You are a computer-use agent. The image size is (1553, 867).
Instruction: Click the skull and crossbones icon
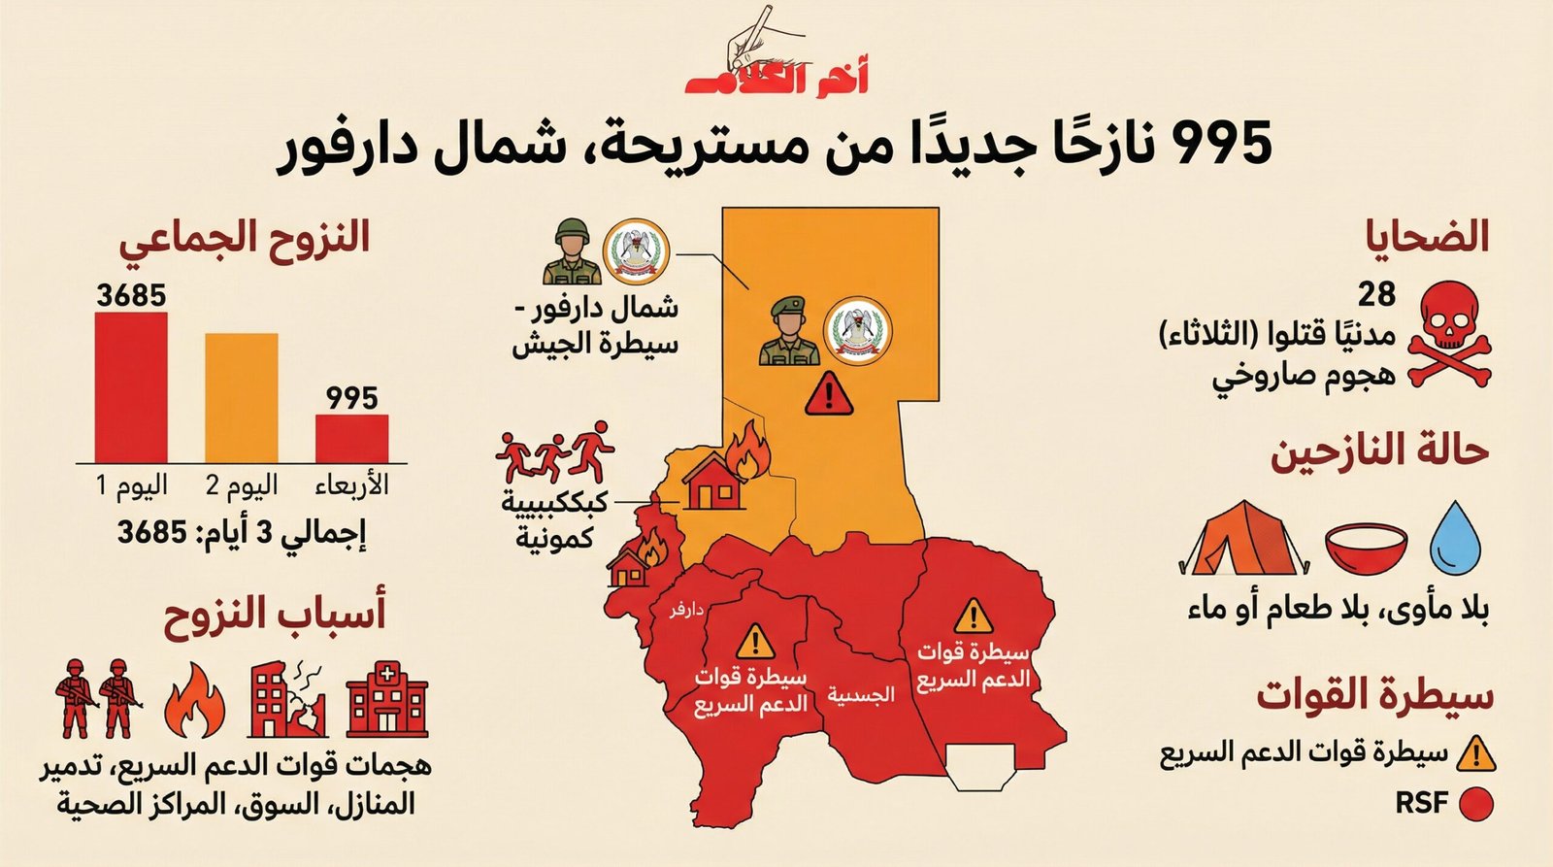coord(1446,334)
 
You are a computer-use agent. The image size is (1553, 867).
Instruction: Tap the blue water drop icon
coord(1455,536)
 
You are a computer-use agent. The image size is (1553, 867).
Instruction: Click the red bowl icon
coord(1366,547)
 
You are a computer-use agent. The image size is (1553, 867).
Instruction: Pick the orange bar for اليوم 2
coord(241,398)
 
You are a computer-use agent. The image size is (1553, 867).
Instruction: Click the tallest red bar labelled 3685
coord(131,386)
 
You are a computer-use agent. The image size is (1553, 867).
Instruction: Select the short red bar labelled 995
coord(351,438)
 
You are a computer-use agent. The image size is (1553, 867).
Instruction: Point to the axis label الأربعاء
coord(351,484)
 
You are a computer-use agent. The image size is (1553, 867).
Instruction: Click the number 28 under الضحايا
coord(1376,293)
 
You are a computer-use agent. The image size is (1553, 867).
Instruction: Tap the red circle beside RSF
coord(1475,804)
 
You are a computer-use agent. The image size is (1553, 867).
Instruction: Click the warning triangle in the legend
coord(1475,753)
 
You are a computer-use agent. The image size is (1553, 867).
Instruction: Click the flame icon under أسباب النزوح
coord(194,701)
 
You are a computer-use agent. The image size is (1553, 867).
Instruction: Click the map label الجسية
coord(860,695)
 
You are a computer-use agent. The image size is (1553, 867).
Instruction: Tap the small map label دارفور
coord(685,610)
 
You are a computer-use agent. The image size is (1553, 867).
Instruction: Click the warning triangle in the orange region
coord(828,394)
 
